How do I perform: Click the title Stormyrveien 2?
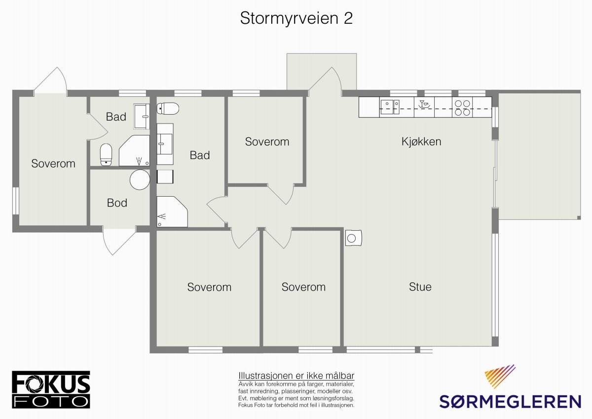[296, 18]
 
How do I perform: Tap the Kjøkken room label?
[421, 142]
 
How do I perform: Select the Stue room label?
[420, 287]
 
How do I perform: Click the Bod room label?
[117, 203]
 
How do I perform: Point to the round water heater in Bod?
[140, 180]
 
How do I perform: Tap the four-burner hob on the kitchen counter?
[462, 108]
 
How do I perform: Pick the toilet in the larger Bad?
[168, 108]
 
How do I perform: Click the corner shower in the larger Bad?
[171, 211]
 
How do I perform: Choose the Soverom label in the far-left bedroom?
[53, 164]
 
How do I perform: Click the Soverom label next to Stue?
[303, 287]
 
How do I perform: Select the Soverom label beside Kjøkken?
[267, 142]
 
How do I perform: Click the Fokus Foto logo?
[51, 389]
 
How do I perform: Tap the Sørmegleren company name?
[510, 401]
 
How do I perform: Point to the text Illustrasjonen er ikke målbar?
[296, 376]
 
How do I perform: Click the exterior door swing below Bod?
[119, 242]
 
